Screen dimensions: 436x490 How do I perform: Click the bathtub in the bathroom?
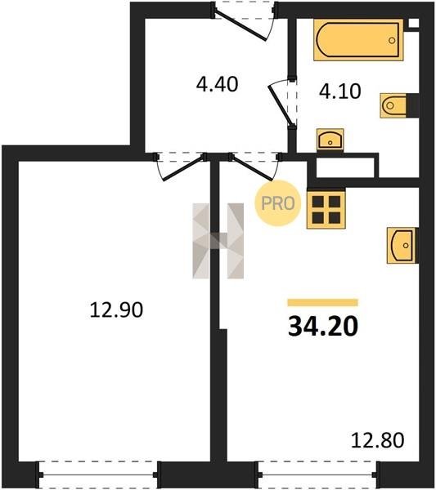coord(358,40)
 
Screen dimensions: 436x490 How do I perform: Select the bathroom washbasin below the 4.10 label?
coord(330,140)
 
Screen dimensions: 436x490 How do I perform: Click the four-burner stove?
coord(326,209)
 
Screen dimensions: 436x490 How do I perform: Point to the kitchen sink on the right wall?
coord(402,245)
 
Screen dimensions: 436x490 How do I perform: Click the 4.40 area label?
coord(218,84)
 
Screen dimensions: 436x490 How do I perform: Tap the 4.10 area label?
coord(340,91)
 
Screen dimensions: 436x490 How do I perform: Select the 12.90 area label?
coord(116,310)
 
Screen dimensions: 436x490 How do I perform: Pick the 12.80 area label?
coord(377,440)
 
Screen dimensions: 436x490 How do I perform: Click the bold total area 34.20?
coord(323,326)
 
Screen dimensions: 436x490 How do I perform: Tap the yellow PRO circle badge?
coord(278,203)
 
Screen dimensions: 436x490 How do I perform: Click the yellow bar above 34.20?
coord(323,302)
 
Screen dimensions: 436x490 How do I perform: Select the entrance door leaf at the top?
coord(240,24)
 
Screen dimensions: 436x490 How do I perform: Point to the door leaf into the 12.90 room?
coord(184,167)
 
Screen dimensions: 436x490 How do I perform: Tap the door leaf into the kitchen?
coord(252,167)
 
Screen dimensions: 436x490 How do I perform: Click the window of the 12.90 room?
coord(97,474)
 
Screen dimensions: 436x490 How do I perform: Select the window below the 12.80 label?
coord(318,474)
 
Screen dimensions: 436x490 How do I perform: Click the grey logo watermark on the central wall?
coord(218,241)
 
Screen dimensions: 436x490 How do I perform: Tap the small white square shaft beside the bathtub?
coord(413,24)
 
